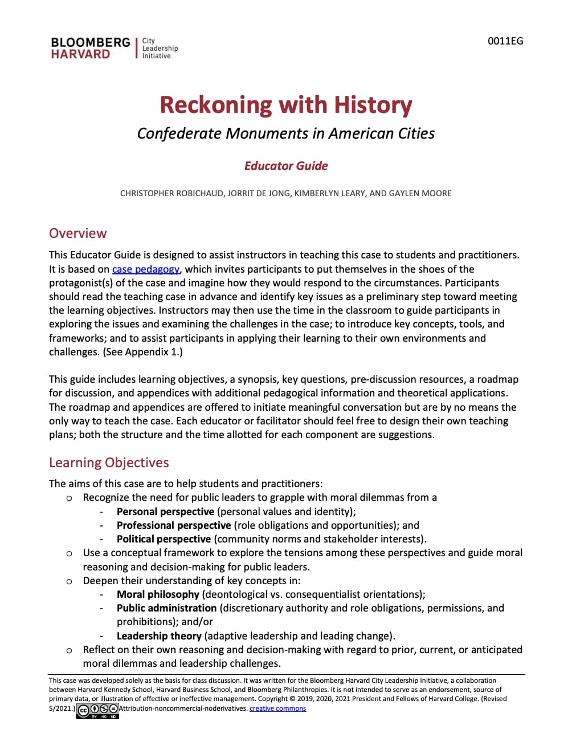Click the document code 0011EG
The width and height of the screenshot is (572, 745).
tap(505, 41)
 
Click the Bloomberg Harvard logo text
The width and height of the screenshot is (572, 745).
tap(90, 48)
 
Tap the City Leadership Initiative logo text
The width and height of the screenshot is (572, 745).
tap(160, 48)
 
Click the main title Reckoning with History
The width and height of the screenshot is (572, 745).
tap(285, 105)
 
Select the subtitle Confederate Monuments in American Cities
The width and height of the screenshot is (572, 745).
tap(285, 133)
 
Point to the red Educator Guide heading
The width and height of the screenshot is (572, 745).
tap(285, 166)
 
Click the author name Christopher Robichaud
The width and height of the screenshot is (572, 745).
tap(171, 193)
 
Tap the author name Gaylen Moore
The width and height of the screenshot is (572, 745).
tap(420, 193)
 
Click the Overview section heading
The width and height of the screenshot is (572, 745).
tap(77, 233)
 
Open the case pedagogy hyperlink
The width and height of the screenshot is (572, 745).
tap(146, 269)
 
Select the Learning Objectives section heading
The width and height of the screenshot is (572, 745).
tap(109, 463)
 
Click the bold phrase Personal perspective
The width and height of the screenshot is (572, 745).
tap(165, 512)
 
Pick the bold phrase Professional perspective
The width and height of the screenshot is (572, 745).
tap(174, 525)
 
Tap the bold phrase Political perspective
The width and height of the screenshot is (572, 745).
tap(164, 539)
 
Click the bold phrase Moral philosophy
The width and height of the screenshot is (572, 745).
tap(158, 594)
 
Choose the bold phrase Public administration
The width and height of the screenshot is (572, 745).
tap(166, 608)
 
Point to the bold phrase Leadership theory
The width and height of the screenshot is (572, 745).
tap(159, 636)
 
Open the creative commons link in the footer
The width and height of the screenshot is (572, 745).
tap(277, 708)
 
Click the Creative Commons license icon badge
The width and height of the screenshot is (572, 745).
tap(97, 710)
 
